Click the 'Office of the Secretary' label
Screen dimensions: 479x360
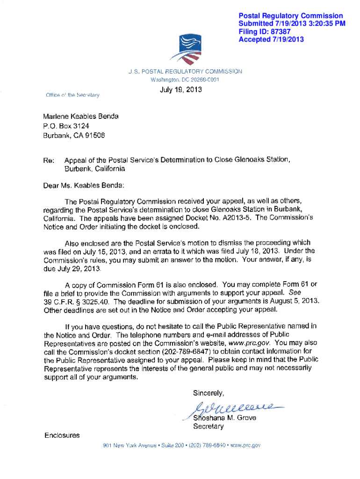coord(72,95)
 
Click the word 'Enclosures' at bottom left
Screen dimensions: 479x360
coord(62,435)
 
